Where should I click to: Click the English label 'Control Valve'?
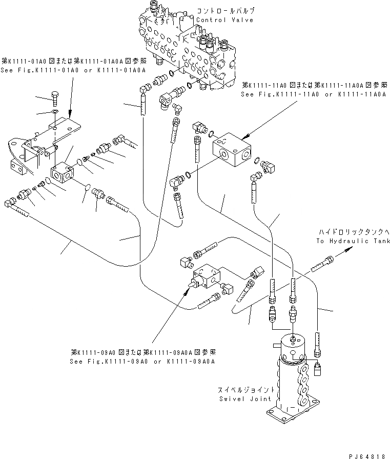tap(224, 20)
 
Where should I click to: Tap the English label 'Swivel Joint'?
tap(239, 399)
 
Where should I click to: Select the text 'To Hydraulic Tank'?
tap(350, 241)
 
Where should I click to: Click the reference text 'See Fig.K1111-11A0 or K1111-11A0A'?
tap(314, 95)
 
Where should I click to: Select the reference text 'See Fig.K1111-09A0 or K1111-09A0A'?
tap(142, 361)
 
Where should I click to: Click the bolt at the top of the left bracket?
tap(55, 96)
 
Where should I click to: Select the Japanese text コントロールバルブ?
tap(224, 11)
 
